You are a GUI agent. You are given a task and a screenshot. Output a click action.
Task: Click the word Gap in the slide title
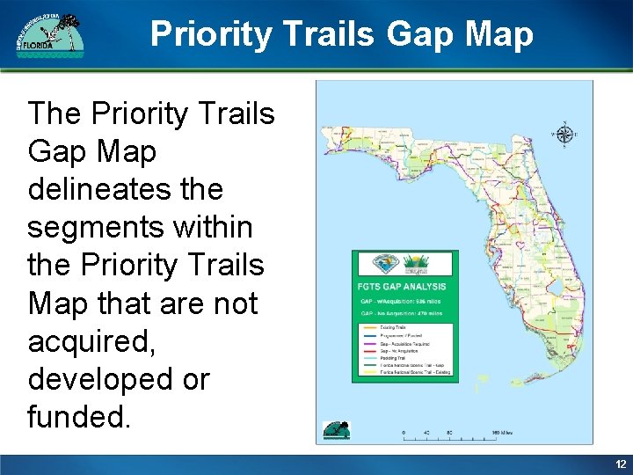[x=406, y=34]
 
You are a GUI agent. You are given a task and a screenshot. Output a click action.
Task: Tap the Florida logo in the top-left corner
[x=49, y=35]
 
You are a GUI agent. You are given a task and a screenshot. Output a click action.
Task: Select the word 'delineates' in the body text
[x=125, y=189]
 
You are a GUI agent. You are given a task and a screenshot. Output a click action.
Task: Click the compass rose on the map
[x=564, y=135]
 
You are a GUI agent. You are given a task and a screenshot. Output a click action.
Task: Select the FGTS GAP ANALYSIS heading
[x=403, y=286]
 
